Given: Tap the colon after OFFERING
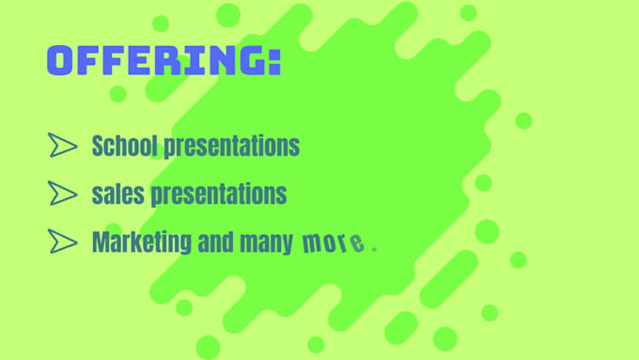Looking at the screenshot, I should (x=273, y=62).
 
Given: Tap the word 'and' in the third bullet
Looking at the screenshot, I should (x=216, y=243).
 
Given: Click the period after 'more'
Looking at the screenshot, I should (x=374, y=249).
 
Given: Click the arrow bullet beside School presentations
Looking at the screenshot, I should (x=62, y=145).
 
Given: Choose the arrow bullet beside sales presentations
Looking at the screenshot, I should (x=62, y=194).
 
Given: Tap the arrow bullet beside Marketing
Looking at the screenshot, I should (x=62, y=243).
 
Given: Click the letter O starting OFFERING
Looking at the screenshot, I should (x=60, y=60).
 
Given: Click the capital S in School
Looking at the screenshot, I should (x=98, y=146).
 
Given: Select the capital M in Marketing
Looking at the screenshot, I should (x=100, y=243).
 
